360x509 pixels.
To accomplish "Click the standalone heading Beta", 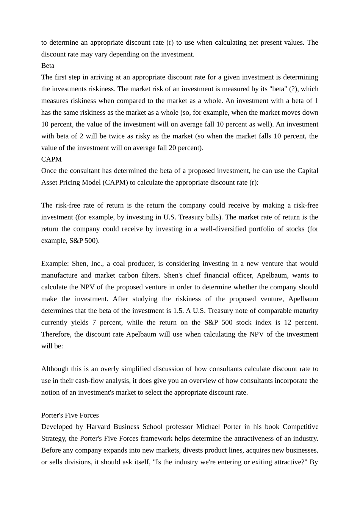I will point(48,66).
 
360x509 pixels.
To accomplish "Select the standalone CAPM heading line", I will point(51,159).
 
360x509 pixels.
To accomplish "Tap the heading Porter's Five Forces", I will point(70,415).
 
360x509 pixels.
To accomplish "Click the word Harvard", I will point(98,427).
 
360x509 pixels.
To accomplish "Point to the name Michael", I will point(208,427).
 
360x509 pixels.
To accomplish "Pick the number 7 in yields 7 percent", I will point(93,322).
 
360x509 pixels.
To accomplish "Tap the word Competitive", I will point(300,427).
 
